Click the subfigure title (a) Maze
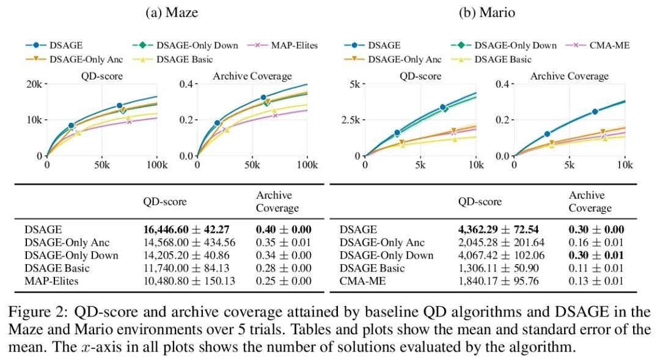coord(172,13)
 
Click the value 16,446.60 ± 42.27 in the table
coord(186,229)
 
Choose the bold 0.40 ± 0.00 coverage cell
coord(284,229)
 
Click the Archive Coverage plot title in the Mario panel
coord(569,76)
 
